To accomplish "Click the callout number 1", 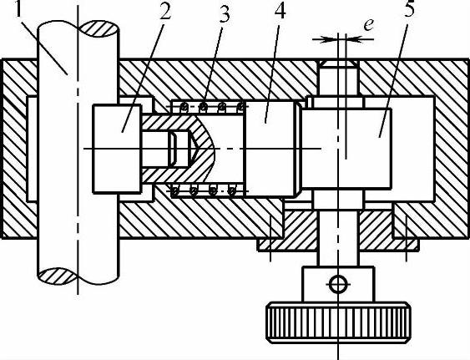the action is pyautogui.click(x=19, y=9).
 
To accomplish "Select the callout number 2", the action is pyautogui.click(x=164, y=11).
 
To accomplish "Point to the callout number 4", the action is pyautogui.click(x=280, y=12).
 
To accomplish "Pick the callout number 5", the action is pyautogui.click(x=409, y=9).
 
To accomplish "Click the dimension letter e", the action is pyautogui.click(x=368, y=24).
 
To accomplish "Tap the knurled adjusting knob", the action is pyautogui.click(x=338, y=322).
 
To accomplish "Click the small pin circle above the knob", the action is pyautogui.click(x=338, y=284).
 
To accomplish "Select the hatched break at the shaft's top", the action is pyautogui.click(x=99, y=28).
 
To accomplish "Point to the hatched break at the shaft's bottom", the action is pyautogui.click(x=58, y=276).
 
